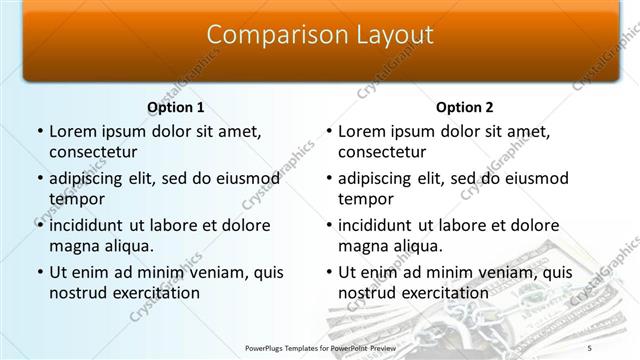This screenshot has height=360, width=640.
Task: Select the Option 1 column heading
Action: pyautogui.click(x=175, y=107)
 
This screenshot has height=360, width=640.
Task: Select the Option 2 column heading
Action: pyautogui.click(x=465, y=107)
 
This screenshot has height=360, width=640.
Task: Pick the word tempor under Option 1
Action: pyautogui.click(x=75, y=199)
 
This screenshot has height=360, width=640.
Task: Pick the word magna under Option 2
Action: pyautogui.click(x=363, y=246)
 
